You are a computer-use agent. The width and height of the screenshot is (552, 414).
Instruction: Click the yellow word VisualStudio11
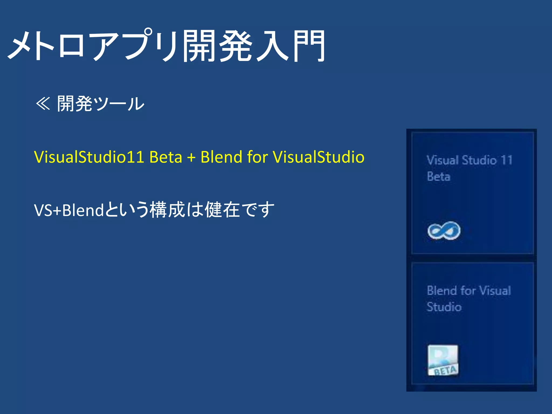[x=89, y=157]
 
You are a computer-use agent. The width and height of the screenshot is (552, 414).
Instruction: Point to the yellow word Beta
[x=166, y=157]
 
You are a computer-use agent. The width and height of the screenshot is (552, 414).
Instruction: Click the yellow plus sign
[x=191, y=157]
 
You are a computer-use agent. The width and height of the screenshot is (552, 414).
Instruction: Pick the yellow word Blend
[x=221, y=157]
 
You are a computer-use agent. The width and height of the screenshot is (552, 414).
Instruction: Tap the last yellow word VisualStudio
[x=319, y=157]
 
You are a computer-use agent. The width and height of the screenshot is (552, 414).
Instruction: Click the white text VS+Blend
[x=69, y=210]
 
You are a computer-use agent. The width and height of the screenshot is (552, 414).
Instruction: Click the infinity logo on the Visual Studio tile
[x=444, y=230]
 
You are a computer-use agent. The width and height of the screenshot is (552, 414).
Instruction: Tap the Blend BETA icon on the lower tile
[x=443, y=360]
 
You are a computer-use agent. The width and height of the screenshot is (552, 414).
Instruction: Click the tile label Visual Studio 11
[x=469, y=160]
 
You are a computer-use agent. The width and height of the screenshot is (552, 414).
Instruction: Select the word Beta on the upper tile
[x=439, y=177]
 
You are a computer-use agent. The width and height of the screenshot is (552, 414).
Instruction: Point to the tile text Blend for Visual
[x=469, y=291]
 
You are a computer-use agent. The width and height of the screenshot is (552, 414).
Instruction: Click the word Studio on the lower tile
[x=444, y=307]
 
